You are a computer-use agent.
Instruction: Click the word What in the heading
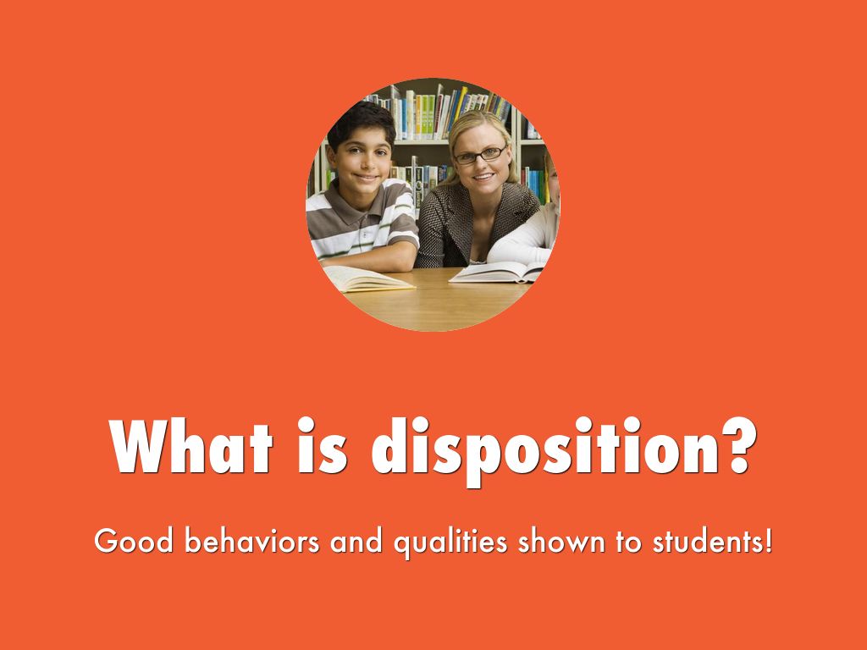point(191,445)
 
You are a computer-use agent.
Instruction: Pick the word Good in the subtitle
point(134,541)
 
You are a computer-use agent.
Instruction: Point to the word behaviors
point(252,541)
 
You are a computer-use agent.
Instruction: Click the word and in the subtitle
point(356,541)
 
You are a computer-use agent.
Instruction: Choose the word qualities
point(450,543)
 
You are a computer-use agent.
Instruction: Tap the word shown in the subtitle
point(561,541)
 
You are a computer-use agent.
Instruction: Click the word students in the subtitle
point(706,541)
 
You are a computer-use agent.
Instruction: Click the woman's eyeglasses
point(479,155)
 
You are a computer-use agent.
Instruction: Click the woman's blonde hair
point(480,127)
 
